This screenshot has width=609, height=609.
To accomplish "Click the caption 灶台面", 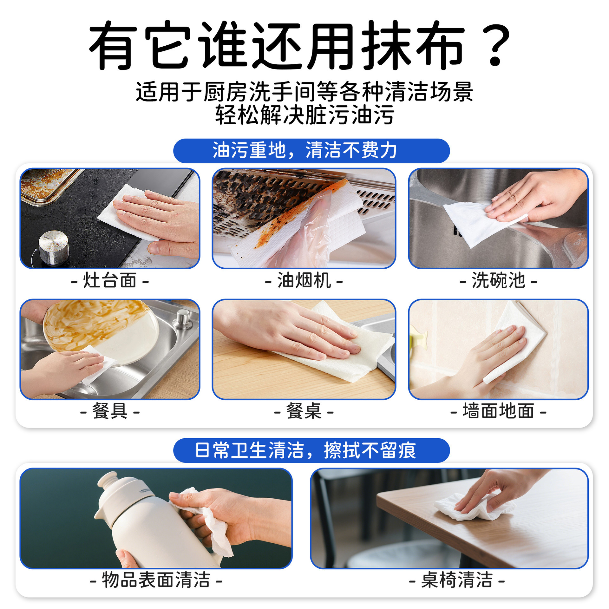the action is click(110, 280).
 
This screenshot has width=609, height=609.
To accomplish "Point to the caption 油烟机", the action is click(304, 280).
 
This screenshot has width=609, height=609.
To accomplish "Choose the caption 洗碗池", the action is click(498, 280).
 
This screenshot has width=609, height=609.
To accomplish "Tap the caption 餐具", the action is click(110, 411).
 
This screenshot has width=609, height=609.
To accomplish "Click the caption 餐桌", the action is click(304, 411).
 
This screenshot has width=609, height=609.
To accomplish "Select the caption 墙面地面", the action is click(498, 411).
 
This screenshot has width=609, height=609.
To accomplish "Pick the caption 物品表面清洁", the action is click(156, 580).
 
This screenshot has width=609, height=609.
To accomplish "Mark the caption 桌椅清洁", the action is click(457, 580).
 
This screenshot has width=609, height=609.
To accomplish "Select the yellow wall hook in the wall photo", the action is click(419, 338).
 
